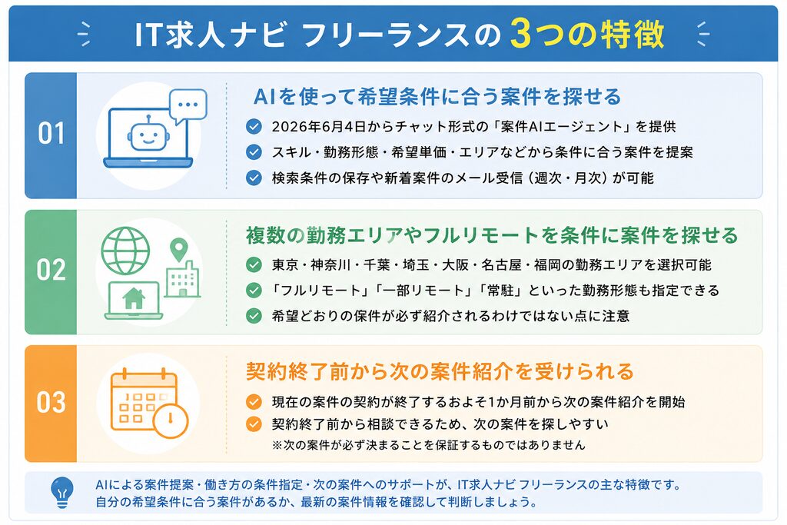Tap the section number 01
tap(51, 134)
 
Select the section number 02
tap(51, 270)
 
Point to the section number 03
tap(51, 402)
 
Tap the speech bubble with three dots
tap(188, 106)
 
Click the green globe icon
tap(125, 250)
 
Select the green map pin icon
tap(178, 250)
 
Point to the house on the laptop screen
tap(134, 299)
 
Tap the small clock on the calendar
tap(170, 420)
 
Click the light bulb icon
tap(62, 492)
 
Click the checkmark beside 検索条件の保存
tap(254, 178)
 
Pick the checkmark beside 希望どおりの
tap(254, 316)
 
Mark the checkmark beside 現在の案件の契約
tap(254, 401)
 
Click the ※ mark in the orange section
tap(277, 445)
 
